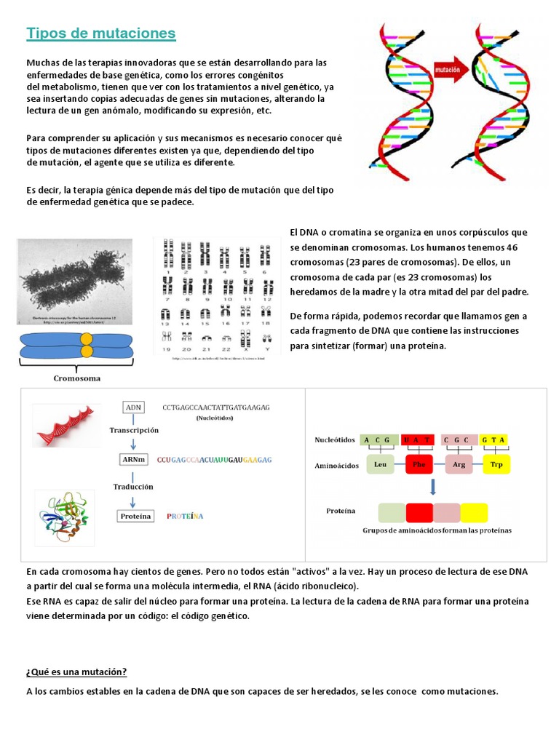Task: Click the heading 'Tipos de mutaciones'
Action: pyautogui.click(x=100, y=33)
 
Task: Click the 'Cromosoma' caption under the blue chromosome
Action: pyautogui.click(x=76, y=378)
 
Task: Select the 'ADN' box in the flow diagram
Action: pyautogui.click(x=133, y=408)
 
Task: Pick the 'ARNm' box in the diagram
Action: pyautogui.click(x=134, y=459)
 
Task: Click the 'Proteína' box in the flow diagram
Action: pyautogui.click(x=135, y=516)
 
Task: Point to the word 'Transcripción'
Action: pyautogui.click(x=134, y=430)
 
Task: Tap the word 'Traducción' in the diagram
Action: pyautogui.click(x=133, y=486)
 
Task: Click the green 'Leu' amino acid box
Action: pyautogui.click(x=380, y=463)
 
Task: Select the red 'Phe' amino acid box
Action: pyautogui.click(x=419, y=463)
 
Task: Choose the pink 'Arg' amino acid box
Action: pyautogui.click(x=459, y=463)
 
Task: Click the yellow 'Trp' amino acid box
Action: pyautogui.click(x=496, y=463)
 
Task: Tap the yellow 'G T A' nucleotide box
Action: pyautogui.click(x=493, y=439)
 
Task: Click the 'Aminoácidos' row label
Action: pyautogui.click(x=336, y=465)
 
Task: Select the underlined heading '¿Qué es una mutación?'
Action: pyautogui.click(x=76, y=672)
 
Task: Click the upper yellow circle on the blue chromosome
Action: pyautogui.click(x=87, y=339)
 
